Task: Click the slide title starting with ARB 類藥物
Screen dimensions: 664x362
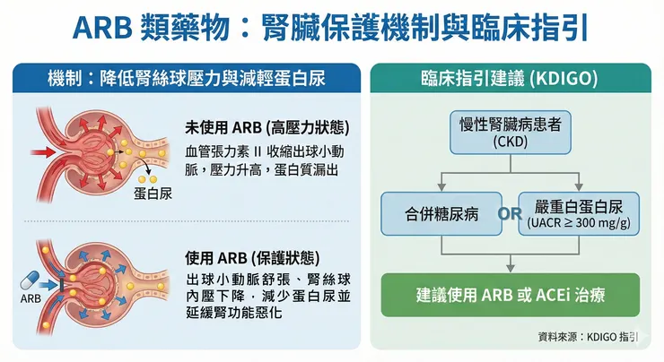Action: pyautogui.click(x=331, y=28)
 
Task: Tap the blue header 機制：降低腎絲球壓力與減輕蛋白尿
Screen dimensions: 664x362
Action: pyautogui.click(x=187, y=78)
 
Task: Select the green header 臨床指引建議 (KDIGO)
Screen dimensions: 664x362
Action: pyautogui.click(x=511, y=78)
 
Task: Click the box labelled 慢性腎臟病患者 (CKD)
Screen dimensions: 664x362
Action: pyautogui.click(x=511, y=133)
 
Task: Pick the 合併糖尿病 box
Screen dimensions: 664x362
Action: pyautogui.click(x=441, y=214)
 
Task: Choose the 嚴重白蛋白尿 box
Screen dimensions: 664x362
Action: pyautogui.click(x=579, y=214)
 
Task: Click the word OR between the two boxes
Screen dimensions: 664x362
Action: pyautogui.click(x=511, y=214)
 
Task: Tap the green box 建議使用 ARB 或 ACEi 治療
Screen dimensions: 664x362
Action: pyautogui.click(x=511, y=295)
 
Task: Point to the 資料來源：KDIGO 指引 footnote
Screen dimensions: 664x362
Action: pyautogui.click(x=588, y=337)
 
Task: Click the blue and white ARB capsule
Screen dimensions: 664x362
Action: pyautogui.click(x=30, y=280)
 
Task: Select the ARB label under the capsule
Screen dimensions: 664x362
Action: pyautogui.click(x=31, y=298)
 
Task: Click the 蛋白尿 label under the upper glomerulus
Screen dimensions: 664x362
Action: pyautogui.click(x=153, y=194)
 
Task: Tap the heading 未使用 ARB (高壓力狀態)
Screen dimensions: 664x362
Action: pyautogui.click(x=267, y=127)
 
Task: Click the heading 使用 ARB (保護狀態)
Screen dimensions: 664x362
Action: pyautogui.click(x=252, y=257)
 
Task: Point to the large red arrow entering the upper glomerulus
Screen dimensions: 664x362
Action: pyautogui.click(x=43, y=151)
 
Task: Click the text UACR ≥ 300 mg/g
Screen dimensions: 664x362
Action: pyautogui.click(x=579, y=223)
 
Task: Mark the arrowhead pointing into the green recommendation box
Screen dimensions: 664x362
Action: pyautogui.click(x=511, y=269)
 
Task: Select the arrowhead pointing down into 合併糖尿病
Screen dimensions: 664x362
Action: pyautogui.click(x=441, y=187)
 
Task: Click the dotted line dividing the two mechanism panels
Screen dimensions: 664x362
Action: pyautogui.click(x=187, y=221)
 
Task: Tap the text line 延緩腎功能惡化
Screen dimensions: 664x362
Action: pyautogui.click(x=234, y=312)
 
